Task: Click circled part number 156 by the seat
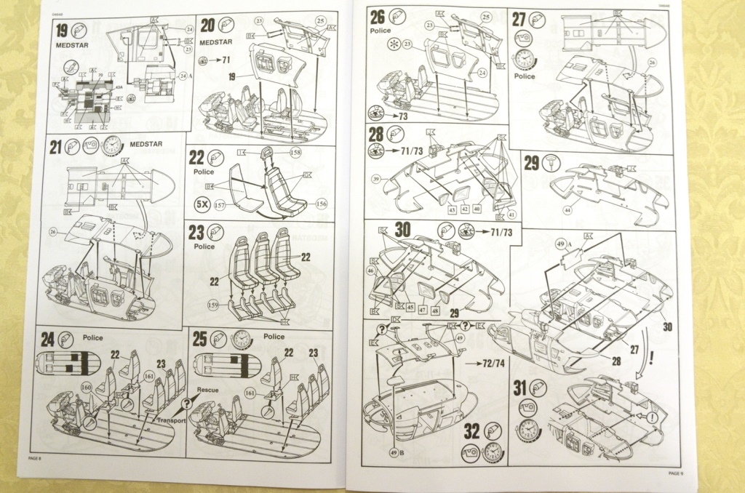point(321,204)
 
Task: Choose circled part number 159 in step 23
point(214,304)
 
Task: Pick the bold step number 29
point(532,163)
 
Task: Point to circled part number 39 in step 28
point(397,179)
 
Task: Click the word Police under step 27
point(524,76)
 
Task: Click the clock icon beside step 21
point(112,145)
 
